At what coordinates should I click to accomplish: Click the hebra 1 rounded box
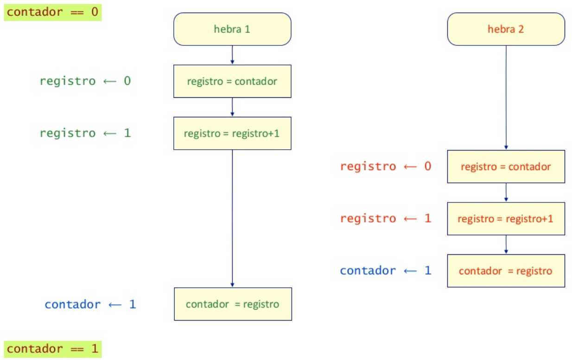point(232,29)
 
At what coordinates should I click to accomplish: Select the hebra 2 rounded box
point(506,29)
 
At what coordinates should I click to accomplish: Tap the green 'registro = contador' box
point(232,82)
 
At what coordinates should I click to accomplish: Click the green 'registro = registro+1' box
point(232,133)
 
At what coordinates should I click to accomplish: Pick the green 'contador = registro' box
point(233,304)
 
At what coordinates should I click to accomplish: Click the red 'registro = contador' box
point(506,166)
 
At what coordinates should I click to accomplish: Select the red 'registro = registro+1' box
point(506,219)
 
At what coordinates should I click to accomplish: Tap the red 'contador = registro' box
point(506,271)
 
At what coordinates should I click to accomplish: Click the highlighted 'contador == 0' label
point(53,12)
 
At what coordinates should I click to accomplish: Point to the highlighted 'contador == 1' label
point(53,348)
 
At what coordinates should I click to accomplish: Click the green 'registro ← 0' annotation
point(85,81)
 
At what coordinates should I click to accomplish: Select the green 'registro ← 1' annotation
point(85,133)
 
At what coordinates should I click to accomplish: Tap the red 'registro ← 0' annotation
point(386,166)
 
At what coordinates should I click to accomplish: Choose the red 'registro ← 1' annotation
point(386,218)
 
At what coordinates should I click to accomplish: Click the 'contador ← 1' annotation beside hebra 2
point(386,271)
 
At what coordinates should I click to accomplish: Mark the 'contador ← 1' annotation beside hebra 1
point(90,304)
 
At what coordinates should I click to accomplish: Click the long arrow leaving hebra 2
point(506,97)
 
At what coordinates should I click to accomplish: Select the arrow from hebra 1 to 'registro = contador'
point(232,55)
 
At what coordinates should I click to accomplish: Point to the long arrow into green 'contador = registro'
point(232,218)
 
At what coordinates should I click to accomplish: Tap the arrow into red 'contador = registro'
point(506,245)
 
